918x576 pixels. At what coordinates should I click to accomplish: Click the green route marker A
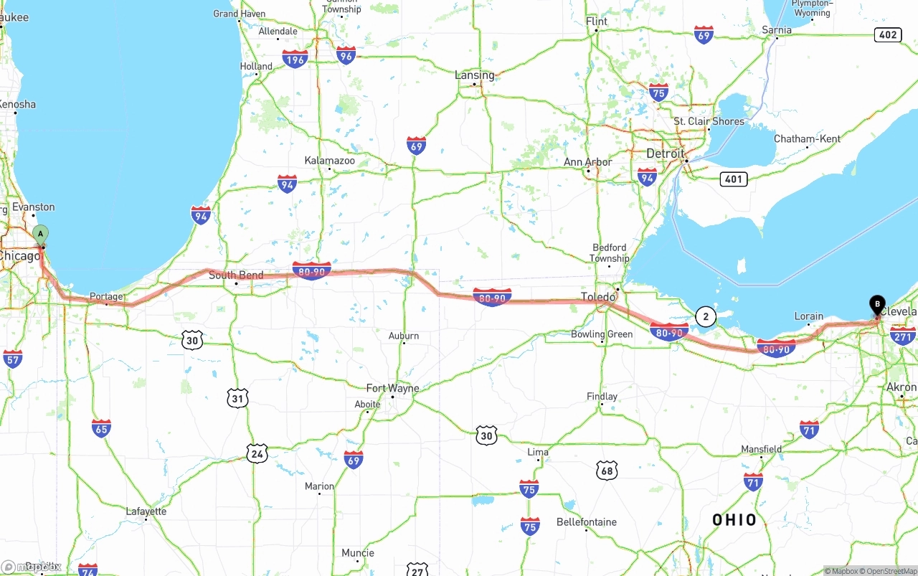click(41, 234)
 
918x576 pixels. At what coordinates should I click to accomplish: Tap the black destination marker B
click(877, 304)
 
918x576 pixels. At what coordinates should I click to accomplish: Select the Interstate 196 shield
click(295, 59)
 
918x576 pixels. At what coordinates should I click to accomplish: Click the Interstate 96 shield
click(346, 55)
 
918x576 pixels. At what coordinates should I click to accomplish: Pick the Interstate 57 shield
click(12, 359)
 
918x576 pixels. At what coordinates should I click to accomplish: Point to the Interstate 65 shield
click(101, 428)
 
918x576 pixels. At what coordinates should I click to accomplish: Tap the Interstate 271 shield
click(902, 336)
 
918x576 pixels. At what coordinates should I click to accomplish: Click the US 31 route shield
click(237, 398)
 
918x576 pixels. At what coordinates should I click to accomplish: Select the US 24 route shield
click(257, 453)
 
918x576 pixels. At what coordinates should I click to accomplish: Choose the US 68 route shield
click(607, 471)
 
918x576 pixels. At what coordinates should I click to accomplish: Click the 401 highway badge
click(733, 179)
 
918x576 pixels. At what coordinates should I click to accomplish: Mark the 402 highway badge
click(888, 34)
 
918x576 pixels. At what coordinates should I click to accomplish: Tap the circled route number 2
click(706, 316)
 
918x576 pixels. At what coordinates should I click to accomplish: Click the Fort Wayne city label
click(392, 388)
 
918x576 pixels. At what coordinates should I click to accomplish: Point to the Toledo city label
click(598, 296)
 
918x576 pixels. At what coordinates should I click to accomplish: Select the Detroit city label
click(666, 154)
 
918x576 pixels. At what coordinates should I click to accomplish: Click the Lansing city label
click(474, 75)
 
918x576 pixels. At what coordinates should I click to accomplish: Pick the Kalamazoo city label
click(329, 161)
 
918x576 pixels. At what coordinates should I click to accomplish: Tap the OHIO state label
click(734, 520)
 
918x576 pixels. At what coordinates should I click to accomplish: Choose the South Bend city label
click(236, 275)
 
